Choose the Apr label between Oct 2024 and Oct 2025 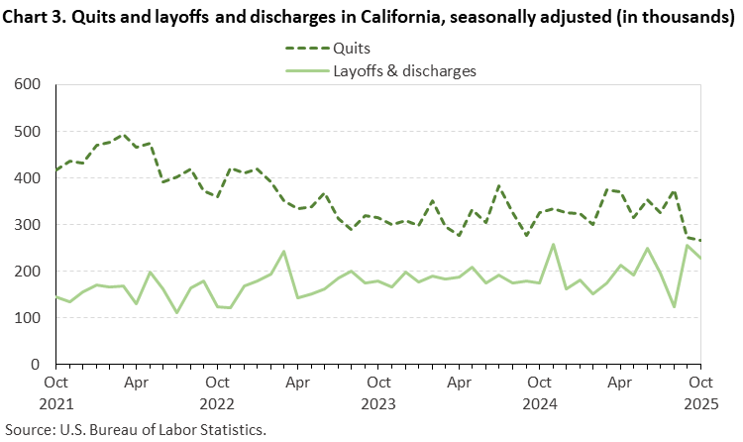[x=620, y=381]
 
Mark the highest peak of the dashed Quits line [x=123, y=135]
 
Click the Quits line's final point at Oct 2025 [x=700, y=241]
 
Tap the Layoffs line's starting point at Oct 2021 [x=56, y=297]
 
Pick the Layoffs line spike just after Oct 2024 [x=553, y=244]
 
